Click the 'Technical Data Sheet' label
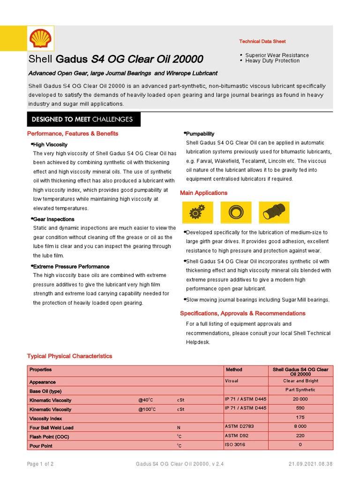(262, 42)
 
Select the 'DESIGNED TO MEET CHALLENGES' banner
(82, 120)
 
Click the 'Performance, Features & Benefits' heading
(73, 134)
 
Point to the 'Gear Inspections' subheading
(53, 219)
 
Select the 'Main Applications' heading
(203, 193)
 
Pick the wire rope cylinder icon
(271, 212)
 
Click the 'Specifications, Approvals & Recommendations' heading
(242, 313)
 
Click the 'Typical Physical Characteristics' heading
(70, 356)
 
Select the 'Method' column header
(234, 370)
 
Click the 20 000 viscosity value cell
(300, 399)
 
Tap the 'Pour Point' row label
(41, 446)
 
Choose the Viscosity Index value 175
(300, 417)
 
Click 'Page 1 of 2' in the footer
(40, 464)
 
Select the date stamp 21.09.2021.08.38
(310, 464)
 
